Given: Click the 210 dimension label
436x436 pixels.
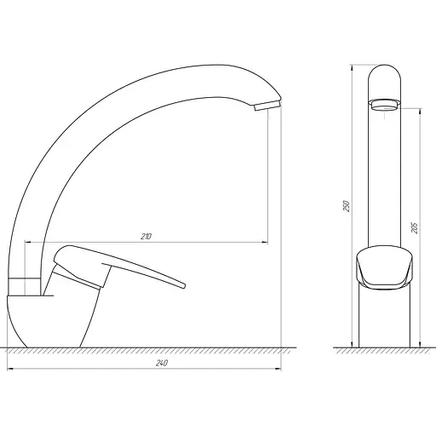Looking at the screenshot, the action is (x=146, y=236).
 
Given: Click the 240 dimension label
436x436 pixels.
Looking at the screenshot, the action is (x=162, y=363).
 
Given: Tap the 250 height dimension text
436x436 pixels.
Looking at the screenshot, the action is (x=347, y=206).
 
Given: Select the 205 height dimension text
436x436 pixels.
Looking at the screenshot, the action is (x=415, y=228).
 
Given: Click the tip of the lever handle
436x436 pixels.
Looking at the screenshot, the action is (x=184, y=285).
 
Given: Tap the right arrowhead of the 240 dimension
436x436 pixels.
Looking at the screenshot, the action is (x=278, y=369).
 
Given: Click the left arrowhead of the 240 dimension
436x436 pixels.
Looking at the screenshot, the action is (x=10, y=369).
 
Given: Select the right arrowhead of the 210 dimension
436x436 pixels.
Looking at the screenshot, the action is (x=265, y=242).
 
